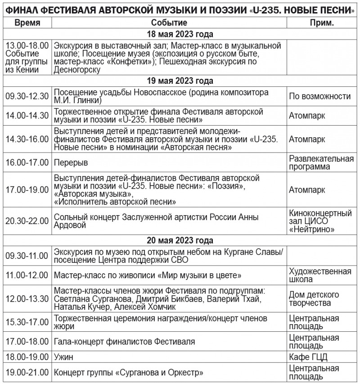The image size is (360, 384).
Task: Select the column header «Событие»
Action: coord(169,23)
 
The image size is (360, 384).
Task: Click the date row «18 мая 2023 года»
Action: coord(180,34)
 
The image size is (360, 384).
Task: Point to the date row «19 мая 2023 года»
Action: coord(180,81)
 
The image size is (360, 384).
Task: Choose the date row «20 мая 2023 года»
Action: coord(180,240)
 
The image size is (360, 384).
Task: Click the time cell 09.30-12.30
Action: coord(27,96)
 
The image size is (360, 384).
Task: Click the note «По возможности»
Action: coord(320,96)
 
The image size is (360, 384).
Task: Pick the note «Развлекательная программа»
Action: coord(321,163)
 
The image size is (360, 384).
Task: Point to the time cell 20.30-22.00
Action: coord(27,221)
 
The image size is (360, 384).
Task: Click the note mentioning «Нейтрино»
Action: coord(320,221)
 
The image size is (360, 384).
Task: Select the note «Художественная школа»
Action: coord(320,275)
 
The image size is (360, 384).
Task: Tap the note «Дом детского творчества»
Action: coord(314,298)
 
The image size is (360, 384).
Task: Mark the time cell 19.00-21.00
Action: coord(27,373)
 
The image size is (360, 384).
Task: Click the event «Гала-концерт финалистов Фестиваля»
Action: coord(124,342)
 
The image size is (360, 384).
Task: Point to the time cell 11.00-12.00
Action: coord(27,275)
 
